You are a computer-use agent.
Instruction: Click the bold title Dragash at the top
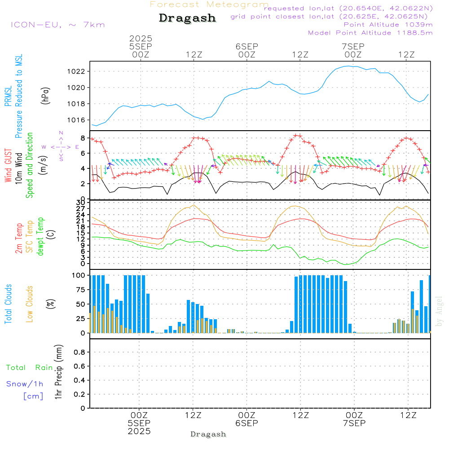[x=187, y=18]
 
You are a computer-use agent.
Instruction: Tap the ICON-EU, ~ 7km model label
[x=57, y=25]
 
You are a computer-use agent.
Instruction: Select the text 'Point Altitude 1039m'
[x=388, y=24]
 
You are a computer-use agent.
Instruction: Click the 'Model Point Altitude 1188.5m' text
[x=370, y=32]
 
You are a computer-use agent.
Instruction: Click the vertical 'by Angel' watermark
[x=439, y=311]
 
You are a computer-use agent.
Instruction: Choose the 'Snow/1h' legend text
[x=25, y=384]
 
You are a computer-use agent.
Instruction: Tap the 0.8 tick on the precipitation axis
[x=80, y=352]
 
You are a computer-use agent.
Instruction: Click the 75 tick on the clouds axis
[x=80, y=290]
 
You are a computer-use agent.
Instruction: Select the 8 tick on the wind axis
[x=83, y=137]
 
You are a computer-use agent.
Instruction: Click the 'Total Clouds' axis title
[x=9, y=304]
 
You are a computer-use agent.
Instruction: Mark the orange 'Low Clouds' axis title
[x=30, y=304]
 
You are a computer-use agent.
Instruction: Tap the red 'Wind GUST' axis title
[x=9, y=166]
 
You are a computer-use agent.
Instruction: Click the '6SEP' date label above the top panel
[x=247, y=46]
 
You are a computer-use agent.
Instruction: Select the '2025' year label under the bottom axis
[x=139, y=431]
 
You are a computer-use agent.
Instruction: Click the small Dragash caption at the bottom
[x=208, y=434]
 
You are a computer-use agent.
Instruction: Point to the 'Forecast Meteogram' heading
[x=209, y=5]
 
